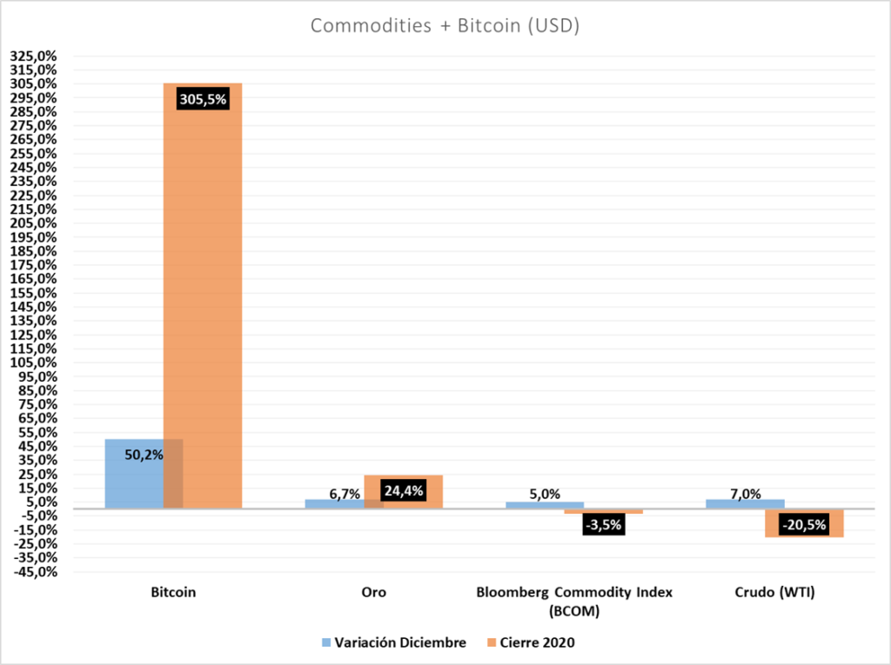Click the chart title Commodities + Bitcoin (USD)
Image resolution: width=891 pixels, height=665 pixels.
tap(445, 25)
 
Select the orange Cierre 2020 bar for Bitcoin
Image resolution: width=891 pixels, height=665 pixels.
tap(203, 296)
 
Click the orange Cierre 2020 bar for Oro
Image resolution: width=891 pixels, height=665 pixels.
tap(403, 492)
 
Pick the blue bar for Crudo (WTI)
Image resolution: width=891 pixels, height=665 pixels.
tap(745, 503)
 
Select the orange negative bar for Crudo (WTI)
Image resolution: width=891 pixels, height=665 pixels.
tap(804, 523)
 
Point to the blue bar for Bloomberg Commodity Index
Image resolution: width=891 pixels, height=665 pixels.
tap(545, 505)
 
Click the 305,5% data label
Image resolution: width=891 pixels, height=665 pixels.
tap(203, 99)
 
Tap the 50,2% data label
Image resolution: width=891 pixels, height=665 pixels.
tap(144, 455)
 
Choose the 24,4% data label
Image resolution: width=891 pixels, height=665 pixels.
tap(404, 490)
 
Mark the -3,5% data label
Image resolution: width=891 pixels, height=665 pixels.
tap(604, 525)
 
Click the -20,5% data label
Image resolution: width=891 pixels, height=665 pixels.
tap(804, 525)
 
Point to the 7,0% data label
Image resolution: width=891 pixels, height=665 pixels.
tap(746, 494)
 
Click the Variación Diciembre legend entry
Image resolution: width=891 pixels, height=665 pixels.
tap(394, 643)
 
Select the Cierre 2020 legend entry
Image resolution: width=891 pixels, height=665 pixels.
tap(532, 643)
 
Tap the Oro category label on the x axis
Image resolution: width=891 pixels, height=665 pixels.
tap(374, 592)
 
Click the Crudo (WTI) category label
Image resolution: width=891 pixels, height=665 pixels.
tap(774, 592)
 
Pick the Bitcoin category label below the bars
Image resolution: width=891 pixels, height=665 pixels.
tap(173, 592)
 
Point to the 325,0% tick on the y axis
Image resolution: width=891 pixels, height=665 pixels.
tap(34, 56)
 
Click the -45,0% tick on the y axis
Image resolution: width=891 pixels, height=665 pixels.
tap(35, 572)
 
